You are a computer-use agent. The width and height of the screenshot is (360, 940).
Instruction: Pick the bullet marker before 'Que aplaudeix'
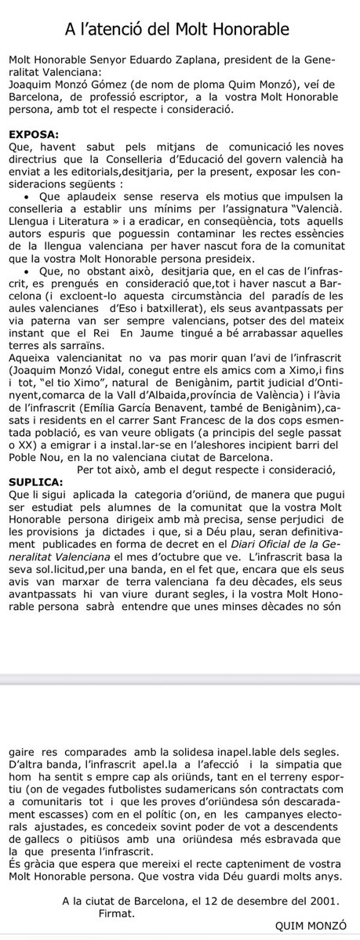[x=28, y=194]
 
